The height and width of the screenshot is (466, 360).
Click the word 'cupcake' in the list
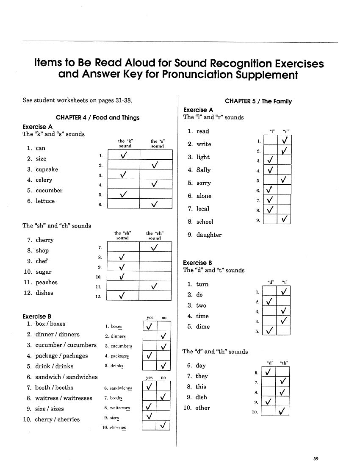click(47, 169)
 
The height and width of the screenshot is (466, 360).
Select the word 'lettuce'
click(45, 201)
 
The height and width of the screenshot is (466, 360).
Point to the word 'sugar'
click(43, 272)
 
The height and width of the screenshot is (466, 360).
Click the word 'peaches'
click(46, 283)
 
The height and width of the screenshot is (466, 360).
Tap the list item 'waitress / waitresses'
click(64, 398)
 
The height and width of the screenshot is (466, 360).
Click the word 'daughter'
click(209, 235)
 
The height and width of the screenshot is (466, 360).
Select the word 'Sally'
click(203, 170)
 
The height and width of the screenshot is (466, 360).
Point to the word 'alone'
click(204, 196)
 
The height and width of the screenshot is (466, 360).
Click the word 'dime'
click(202, 327)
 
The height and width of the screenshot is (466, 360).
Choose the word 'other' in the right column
click(202, 408)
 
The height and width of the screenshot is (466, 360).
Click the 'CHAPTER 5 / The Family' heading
click(258, 102)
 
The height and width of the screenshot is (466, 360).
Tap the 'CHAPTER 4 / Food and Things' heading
click(97, 118)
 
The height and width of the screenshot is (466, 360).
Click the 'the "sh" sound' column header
click(123, 236)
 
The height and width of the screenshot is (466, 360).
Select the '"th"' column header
click(284, 363)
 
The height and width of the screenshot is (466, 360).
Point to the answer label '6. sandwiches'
click(118, 388)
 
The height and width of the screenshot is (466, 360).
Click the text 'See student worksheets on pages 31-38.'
click(78, 101)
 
